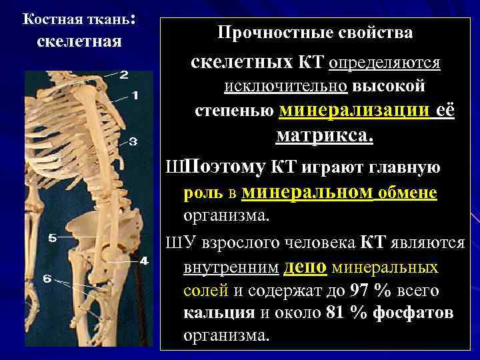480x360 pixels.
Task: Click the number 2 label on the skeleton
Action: [x=124, y=75]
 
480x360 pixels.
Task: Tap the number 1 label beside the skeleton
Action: [x=135, y=95]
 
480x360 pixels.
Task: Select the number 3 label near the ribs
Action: [x=133, y=141]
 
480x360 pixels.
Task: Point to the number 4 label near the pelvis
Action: [x=143, y=260]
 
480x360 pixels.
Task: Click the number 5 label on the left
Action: [x=52, y=237]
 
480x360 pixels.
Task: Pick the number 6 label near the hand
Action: [x=47, y=279]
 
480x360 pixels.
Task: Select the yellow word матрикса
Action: [x=325, y=136]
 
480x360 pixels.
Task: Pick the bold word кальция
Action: [x=219, y=313]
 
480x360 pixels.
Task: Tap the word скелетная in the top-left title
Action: [x=79, y=41]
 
